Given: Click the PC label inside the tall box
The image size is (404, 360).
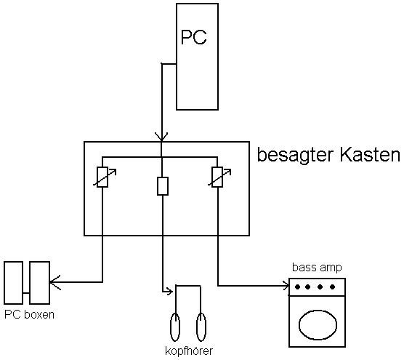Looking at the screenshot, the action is coord(194,37).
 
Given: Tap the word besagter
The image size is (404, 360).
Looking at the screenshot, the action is coord(296,155).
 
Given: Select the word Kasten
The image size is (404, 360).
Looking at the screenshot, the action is coord(370,154).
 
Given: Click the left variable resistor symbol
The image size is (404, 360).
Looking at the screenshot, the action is coord(102,177).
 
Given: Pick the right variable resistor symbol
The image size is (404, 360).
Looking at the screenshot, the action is coord(217,177).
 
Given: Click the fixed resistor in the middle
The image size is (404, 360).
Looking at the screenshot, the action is coord(163,186).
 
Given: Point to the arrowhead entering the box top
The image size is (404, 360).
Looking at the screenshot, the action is coord(161,137).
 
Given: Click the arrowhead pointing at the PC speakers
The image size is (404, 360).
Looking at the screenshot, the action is coord(54,282).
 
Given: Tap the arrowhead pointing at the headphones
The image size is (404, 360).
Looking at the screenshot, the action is coord(169,292).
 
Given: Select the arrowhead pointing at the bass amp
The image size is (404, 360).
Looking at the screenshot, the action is coord(286,286).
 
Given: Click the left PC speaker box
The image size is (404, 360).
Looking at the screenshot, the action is coord(13,283).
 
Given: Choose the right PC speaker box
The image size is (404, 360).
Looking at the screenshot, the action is coord(39,283).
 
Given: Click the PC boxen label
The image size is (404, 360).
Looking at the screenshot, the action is coord(29,315).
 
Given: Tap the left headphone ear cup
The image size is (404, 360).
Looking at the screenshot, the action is coord(175,327).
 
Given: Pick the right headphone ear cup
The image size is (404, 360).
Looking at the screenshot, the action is coord(201,327).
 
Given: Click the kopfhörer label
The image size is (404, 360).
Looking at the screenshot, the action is coord(189,351).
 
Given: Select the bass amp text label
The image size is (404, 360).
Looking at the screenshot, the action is coord(317,268).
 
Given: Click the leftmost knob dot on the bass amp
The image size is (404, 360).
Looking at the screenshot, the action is coord(298,287).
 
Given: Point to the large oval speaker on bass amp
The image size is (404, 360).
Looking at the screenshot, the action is coord(318,325).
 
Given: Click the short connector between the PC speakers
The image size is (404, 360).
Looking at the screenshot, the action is coord(26,293).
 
